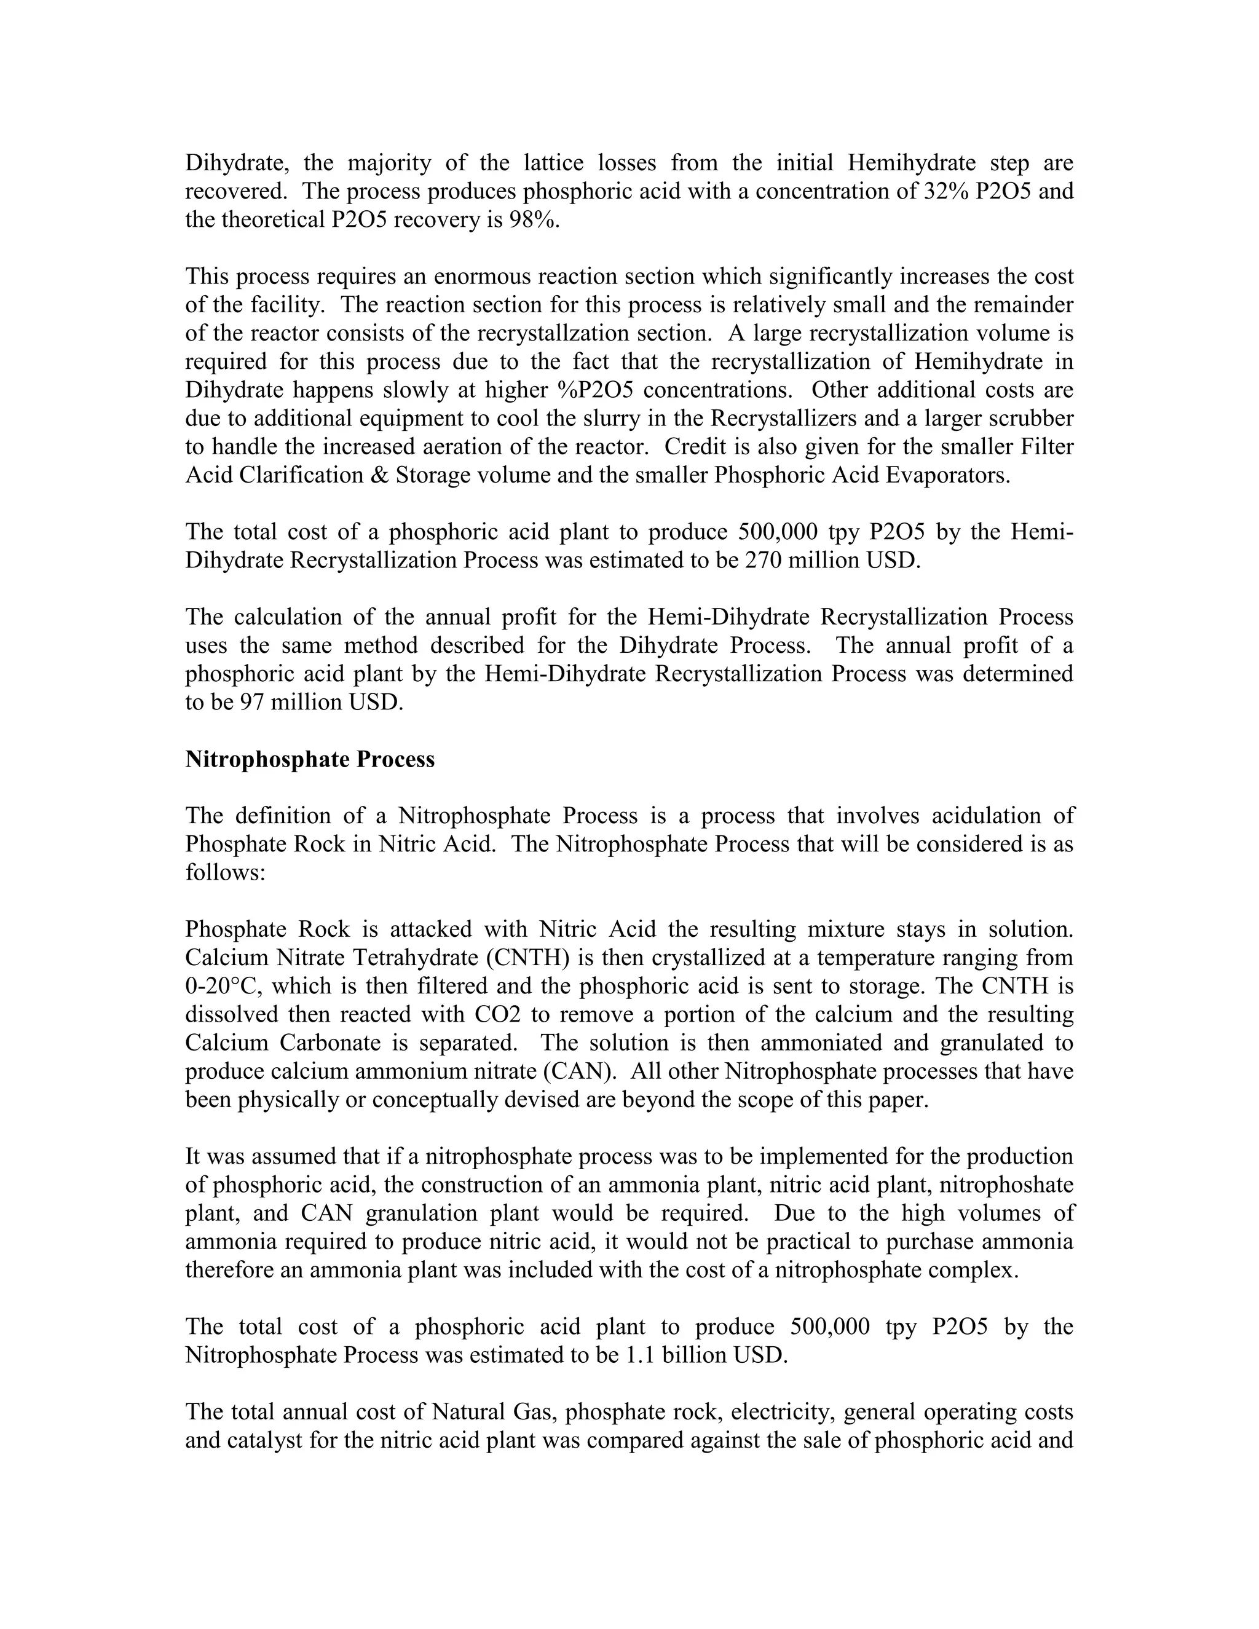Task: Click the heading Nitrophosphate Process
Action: (x=310, y=759)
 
